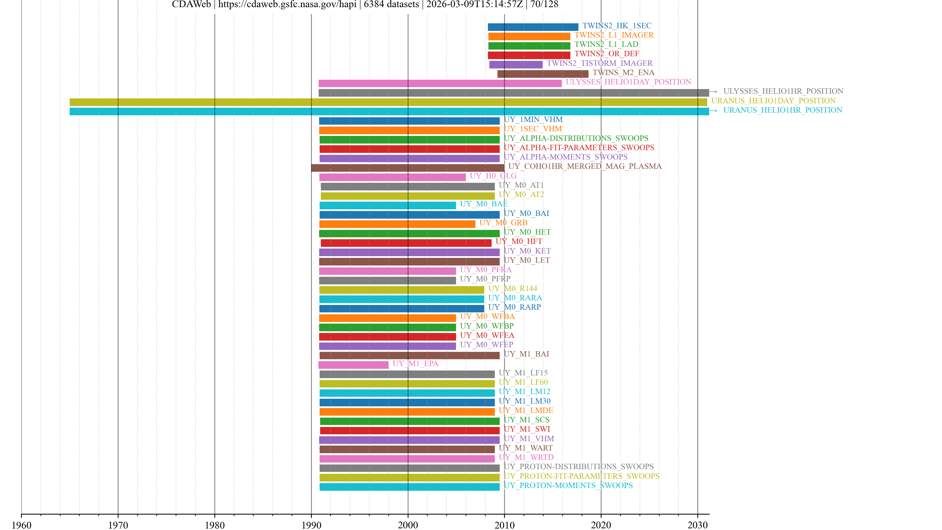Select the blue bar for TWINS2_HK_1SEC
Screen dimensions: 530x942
[533, 27]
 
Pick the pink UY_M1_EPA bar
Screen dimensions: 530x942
[353, 365]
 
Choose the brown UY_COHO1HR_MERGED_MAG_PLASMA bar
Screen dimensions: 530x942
[407, 168]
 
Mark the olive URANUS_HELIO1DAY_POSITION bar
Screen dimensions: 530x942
[388, 102]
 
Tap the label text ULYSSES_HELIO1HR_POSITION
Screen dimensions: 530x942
[783, 91]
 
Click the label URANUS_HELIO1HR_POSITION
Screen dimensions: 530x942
[783, 110]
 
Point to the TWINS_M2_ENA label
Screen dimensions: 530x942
[624, 72]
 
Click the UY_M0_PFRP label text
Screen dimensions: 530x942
[485, 279]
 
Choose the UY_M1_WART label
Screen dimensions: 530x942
[525, 448]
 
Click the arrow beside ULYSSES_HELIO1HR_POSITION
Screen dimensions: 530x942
[713, 92]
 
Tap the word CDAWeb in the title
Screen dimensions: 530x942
[191, 4]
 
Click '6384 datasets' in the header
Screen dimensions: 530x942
[391, 4]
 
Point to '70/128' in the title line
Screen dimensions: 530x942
[544, 4]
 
